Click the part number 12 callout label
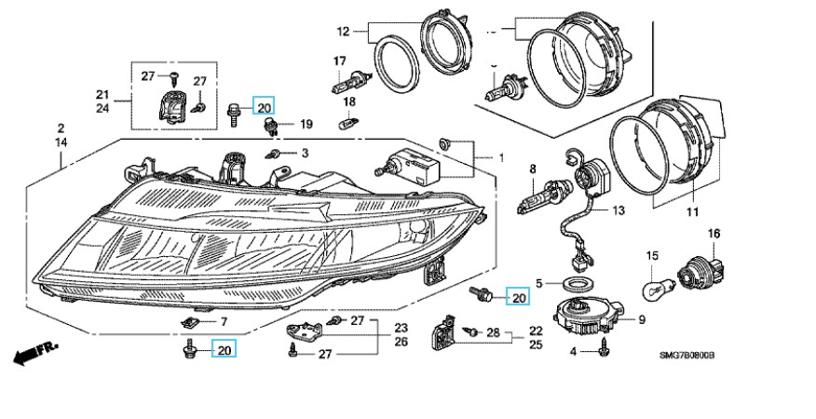(343, 32)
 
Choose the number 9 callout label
(641, 320)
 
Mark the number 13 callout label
(619, 210)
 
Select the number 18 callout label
(349, 101)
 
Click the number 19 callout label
(306, 123)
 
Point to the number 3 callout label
(304, 152)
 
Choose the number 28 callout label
(494, 331)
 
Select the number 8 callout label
(534, 169)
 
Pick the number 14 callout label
(61, 142)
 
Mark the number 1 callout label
(500, 157)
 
